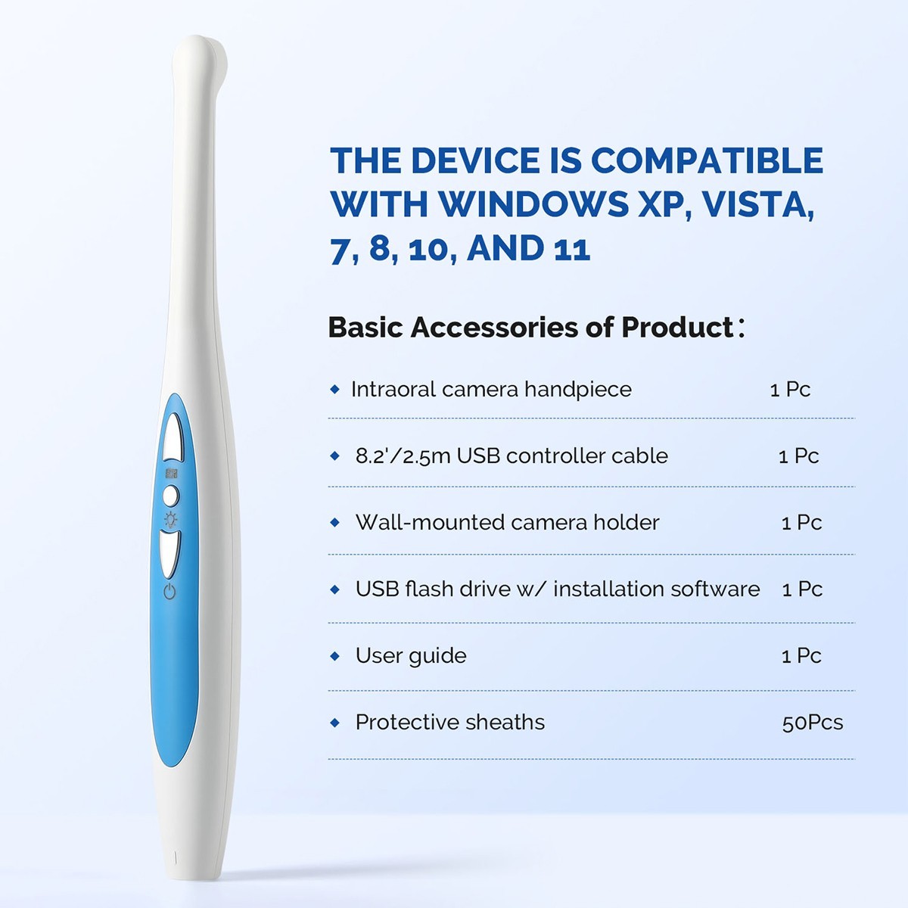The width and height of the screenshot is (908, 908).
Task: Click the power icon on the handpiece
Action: click(169, 591)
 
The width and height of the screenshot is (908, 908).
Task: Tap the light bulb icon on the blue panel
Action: click(172, 519)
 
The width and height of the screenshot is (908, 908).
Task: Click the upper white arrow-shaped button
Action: click(173, 437)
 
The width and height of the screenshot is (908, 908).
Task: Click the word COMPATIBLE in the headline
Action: click(707, 160)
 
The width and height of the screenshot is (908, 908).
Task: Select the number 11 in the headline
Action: click(571, 249)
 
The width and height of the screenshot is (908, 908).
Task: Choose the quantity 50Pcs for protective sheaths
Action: click(812, 723)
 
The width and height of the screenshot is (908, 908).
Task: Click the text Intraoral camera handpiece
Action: click(491, 390)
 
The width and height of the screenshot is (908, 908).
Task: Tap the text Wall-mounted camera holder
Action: click(507, 523)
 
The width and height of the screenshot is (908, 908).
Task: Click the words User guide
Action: click(411, 656)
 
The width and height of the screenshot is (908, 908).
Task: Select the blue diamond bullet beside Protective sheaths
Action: click(335, 723)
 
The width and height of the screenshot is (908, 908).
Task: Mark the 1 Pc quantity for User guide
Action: click(801, 656)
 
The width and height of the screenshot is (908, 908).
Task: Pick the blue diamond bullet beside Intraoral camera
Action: click(335, 390)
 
